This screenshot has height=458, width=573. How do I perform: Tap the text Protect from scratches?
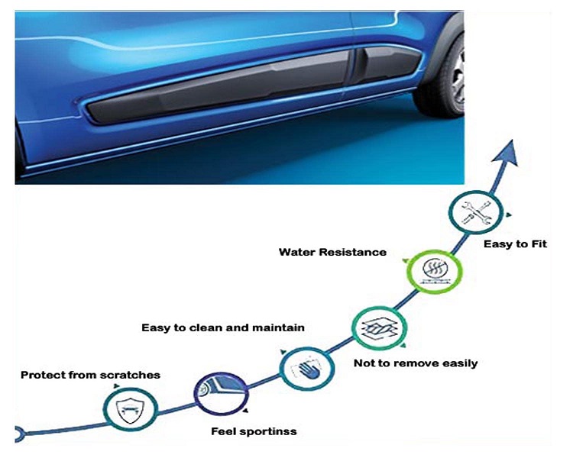[90, 375]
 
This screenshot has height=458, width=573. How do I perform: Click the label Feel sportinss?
[254, 432]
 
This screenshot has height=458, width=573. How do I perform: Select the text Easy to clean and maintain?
[223, 327]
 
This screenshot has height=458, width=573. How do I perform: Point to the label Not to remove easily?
[416, 363]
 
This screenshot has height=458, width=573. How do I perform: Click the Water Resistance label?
[332, 252]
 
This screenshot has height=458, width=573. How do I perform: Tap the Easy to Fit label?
[516, 245]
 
